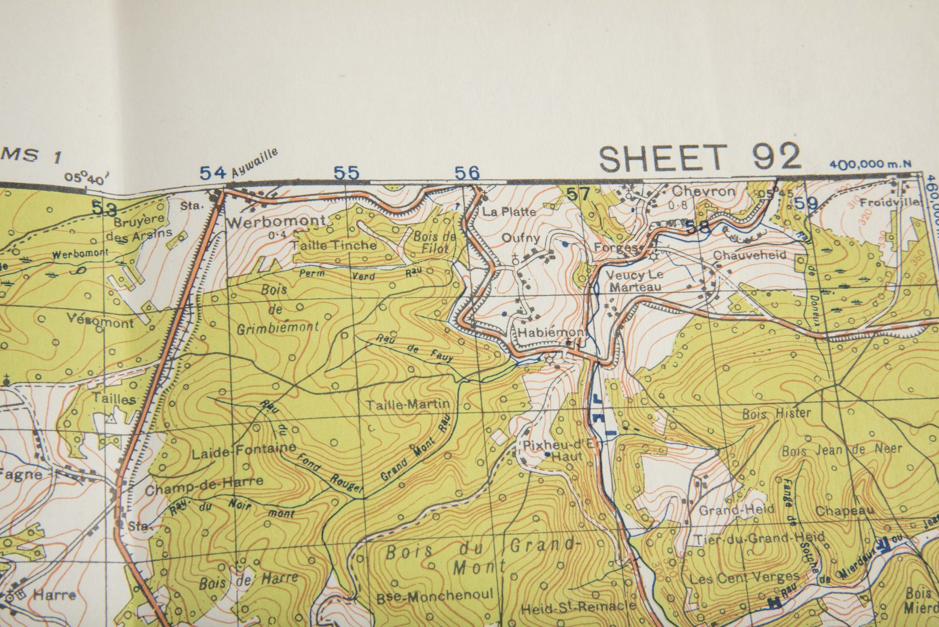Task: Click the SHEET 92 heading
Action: pos(700,157)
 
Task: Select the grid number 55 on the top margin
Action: pos(347,173)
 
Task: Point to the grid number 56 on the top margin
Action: pos(467,173)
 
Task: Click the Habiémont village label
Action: pos(552,333)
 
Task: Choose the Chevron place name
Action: pos(703,192)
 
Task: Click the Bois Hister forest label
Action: pos(776,413)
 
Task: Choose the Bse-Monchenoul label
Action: pos(435,595)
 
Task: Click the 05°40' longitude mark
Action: pos(85,178)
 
